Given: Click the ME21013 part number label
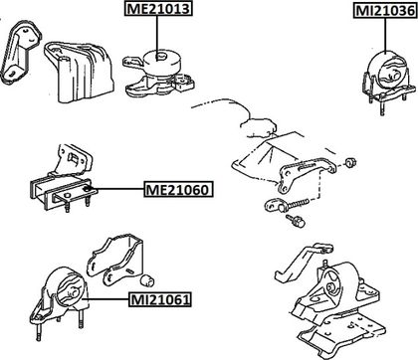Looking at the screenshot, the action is pyautogui.click(x=158, y=8).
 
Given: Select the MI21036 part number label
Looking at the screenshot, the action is pyautogui.click(x=385, y=11).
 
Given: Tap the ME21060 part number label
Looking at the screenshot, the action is pyautogui.click(x=178, y=190).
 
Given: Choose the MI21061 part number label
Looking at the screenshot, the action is pyautogui.click(x=161, y=300).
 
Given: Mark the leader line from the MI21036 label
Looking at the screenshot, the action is pyautogui.click(x=385, y=35).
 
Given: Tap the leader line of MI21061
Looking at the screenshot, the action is pyautogui.click(x=105, y=299).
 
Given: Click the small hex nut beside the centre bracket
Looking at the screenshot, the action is pyautogui.click(x=350, y=163).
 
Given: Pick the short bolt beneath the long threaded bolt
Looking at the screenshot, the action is pyautogui.click(x=296, y=221).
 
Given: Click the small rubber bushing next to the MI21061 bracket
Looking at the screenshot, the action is pyautogui.click(x=147, y=279).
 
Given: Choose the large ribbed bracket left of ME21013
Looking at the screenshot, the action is pyautogui.click(x=80, y=72).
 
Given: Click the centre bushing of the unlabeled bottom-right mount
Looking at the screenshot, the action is pyautogui.click(x=331, y=286).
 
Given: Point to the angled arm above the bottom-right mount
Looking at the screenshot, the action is pyautogui.click(x=301, y=262).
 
